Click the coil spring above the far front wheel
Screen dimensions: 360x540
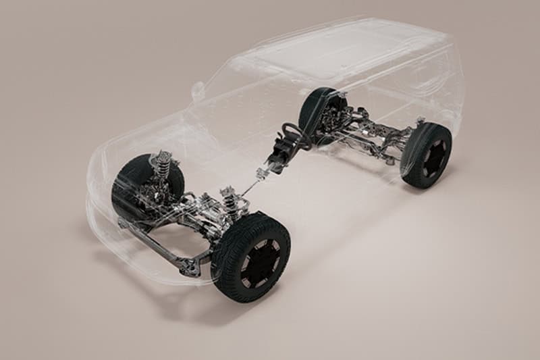(x=163, y=165)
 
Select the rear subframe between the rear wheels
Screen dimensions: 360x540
(x=371, y=135)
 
